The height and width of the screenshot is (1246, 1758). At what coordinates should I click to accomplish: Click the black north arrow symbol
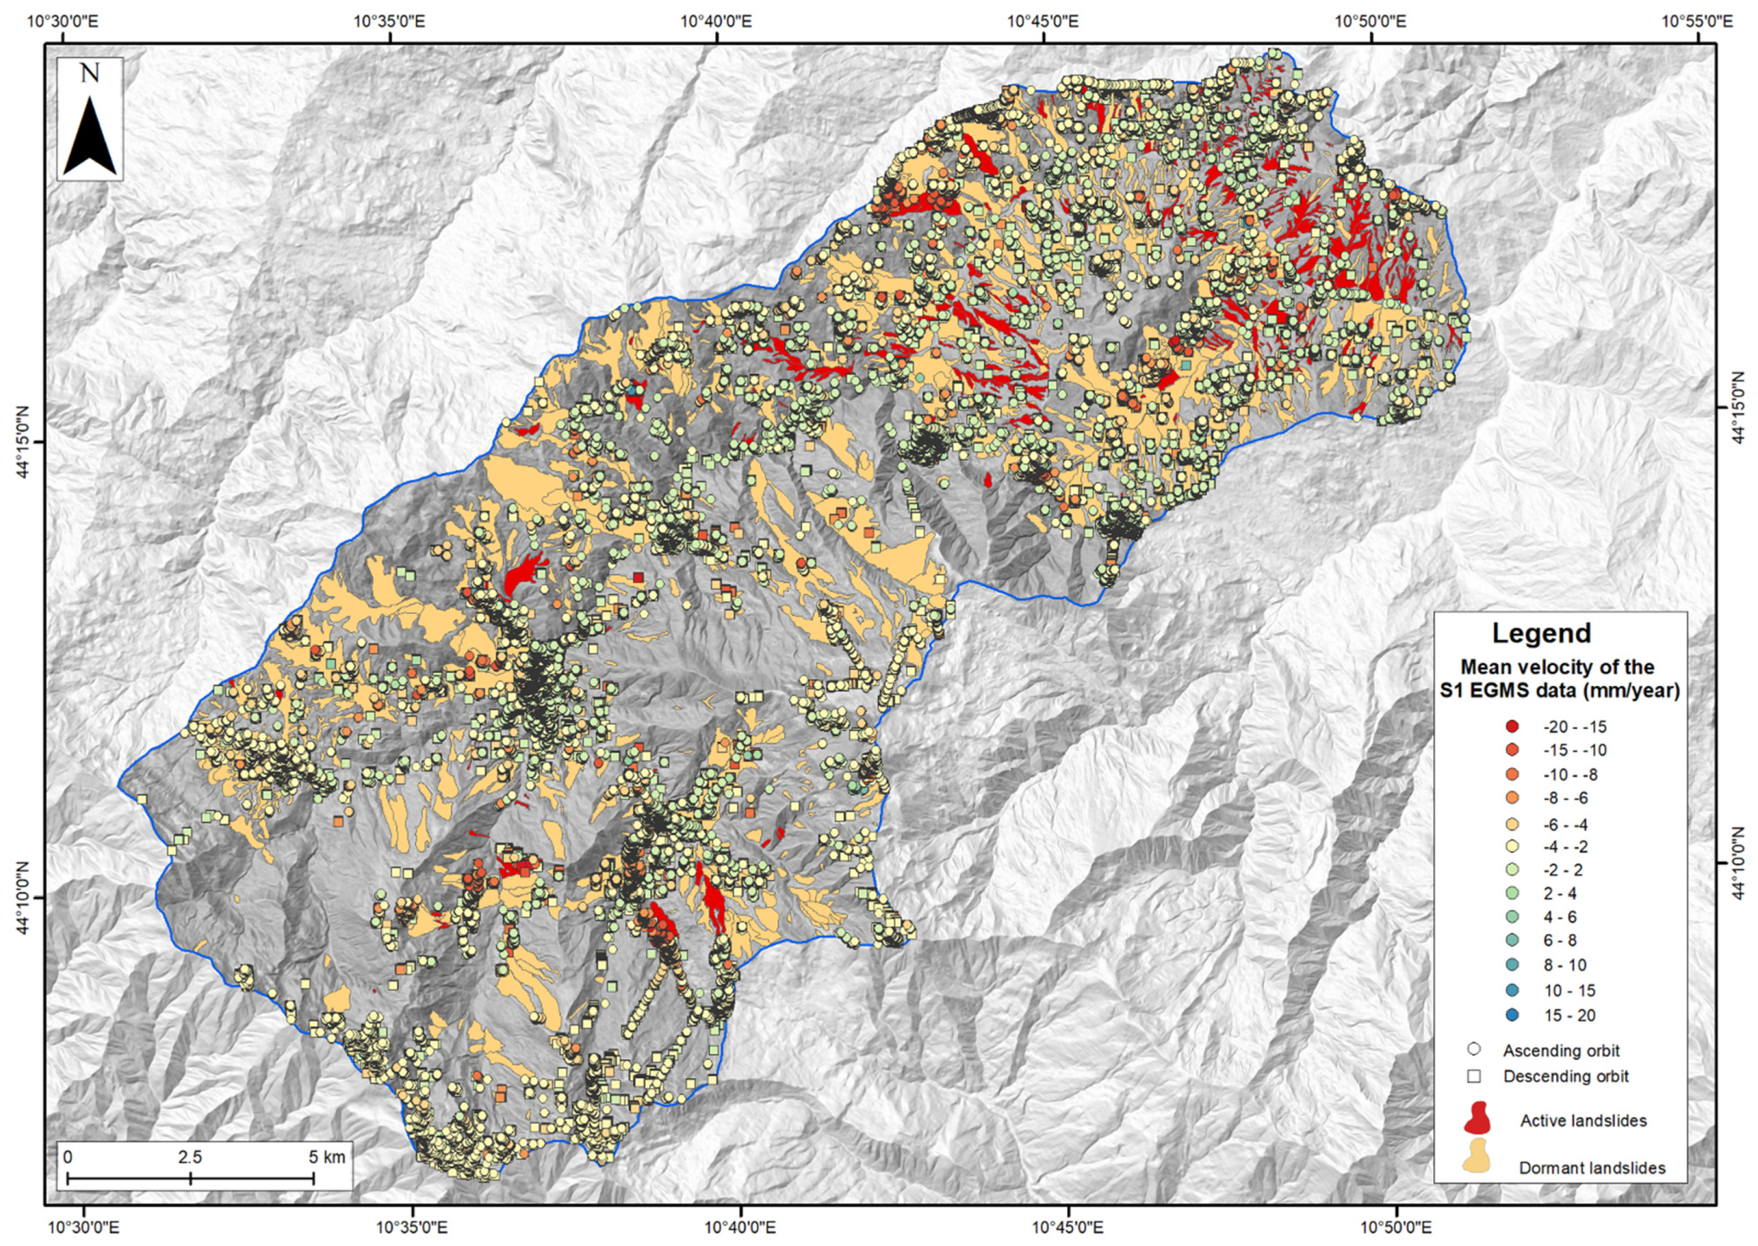90,137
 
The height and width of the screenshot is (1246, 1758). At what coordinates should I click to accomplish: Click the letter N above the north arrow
90,74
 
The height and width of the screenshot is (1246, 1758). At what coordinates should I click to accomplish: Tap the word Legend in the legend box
1541,633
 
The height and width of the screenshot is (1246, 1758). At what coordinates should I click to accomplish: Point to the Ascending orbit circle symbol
1473,1050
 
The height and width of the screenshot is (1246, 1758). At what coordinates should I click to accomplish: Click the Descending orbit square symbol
1473,1076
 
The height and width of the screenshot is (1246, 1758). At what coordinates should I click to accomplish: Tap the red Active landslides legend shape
1477,1119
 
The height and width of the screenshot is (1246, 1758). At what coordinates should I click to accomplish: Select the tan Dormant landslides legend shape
1477,1166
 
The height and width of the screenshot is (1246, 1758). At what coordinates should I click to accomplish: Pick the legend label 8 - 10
1558,965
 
